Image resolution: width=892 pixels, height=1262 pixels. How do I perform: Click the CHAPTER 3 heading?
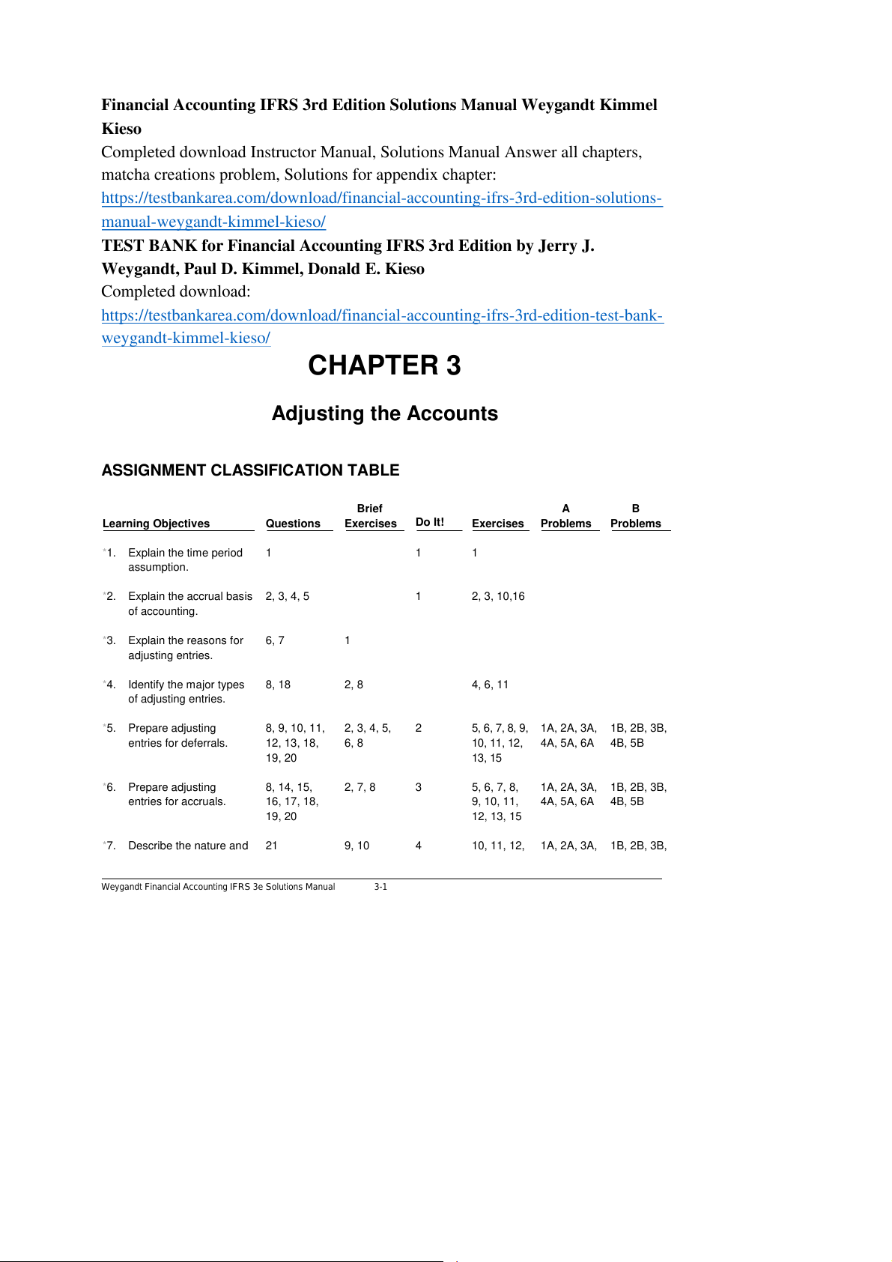click(x=384, y=365)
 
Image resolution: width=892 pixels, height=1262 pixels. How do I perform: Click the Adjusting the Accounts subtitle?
click(x=384, y=413)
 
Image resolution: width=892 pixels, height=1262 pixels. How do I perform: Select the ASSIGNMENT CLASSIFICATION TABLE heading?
click(x=250, y=470)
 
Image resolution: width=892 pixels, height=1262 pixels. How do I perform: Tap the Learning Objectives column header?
click(x=156, y=524)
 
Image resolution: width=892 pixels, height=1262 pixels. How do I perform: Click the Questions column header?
click(x=293, y=524)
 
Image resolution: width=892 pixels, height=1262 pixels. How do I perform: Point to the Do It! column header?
click(x=430, y=522)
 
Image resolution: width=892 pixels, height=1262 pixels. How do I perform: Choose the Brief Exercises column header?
click(x=370, y=517)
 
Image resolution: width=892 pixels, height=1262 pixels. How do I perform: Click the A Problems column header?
click(x=566, y=517)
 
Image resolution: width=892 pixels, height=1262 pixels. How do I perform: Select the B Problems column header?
click(x=636, y=517)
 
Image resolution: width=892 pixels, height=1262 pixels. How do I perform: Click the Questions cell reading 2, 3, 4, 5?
click(x=287, y=596)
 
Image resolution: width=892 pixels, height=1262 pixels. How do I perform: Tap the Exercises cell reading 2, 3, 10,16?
click(x=498, y=596)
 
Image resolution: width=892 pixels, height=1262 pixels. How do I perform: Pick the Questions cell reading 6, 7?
click(x=275, y=640)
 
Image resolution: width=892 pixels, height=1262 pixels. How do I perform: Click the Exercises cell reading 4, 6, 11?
click(x=490, y=685)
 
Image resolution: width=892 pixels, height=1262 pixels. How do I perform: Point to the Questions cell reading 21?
click(x=271, y=846)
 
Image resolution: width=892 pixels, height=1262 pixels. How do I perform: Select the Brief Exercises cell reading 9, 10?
click(x=357, y=846)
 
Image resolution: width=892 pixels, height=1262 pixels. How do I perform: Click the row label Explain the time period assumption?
click(x=185, y=559)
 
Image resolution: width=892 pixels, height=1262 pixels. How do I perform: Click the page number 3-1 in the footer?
click(x=380, y=887)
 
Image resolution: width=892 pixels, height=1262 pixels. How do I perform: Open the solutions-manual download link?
click(x=381, y=198)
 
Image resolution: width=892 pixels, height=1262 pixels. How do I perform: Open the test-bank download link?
click(x=382, y=315)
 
